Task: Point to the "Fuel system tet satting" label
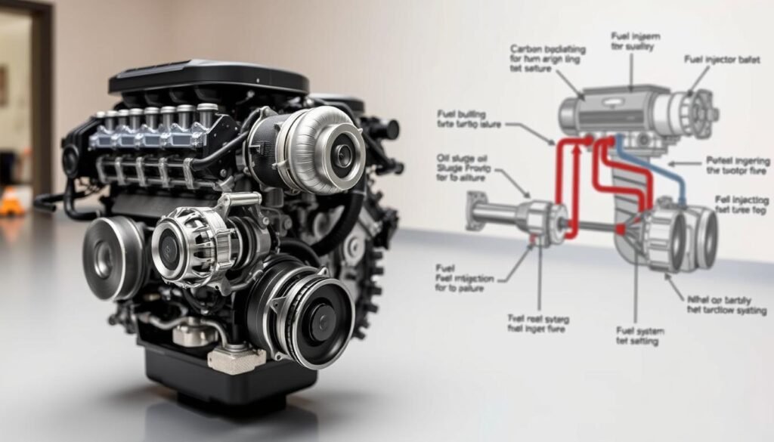click(637, 335)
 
